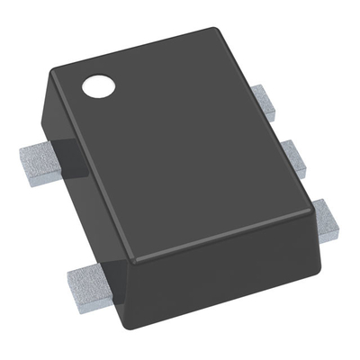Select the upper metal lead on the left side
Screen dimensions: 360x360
pyautogui.click(x=39, y=161)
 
